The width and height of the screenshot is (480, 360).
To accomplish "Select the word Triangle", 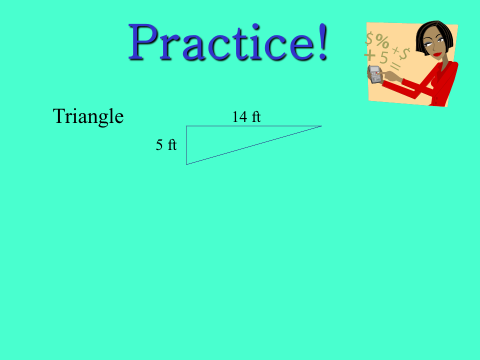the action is (x=88, y=116).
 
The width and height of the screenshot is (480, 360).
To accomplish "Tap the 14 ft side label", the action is (x=246, y=116).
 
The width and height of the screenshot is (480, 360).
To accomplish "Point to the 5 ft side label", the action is (x=166, y=144).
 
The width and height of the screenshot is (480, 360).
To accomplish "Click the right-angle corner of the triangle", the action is (x=186, y=126).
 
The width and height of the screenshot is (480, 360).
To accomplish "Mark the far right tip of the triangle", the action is (x=321, y=126).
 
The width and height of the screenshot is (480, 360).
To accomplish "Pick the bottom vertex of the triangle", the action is (x=186, y=164).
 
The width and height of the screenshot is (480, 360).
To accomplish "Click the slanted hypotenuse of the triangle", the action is (x=254, y=145).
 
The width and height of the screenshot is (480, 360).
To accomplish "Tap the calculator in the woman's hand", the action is (x=375, y=74).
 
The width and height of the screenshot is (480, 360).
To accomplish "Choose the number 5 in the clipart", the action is (x=383, y=57).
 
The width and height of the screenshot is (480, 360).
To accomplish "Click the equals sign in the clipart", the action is (x=395, y=66).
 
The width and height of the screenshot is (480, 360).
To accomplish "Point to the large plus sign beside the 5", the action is (x=370, y=55).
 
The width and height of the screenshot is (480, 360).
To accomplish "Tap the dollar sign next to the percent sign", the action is (x=370, y=38).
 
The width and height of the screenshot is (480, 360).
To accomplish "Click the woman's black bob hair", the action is (x=434, y=36).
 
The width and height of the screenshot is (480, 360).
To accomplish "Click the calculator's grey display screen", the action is (x=374, y=69).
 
